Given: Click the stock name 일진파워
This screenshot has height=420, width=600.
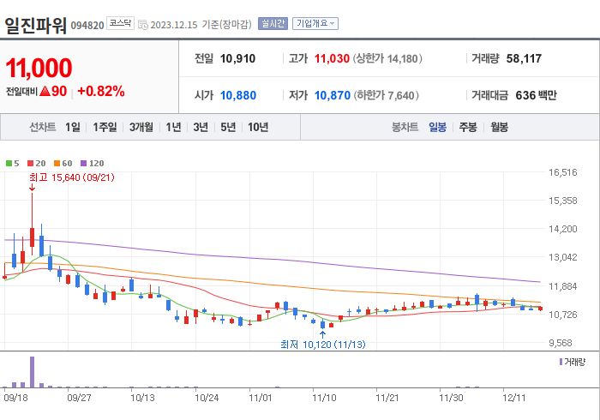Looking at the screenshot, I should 35,24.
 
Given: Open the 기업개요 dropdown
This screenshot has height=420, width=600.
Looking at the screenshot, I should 315,24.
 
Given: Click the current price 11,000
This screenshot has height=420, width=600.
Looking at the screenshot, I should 39,68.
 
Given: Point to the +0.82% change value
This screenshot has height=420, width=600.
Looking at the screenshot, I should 100,91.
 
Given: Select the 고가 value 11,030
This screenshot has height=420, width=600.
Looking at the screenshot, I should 332,59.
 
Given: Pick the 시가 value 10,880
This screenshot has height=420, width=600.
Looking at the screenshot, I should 237,95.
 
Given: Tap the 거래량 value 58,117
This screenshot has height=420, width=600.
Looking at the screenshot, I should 523,59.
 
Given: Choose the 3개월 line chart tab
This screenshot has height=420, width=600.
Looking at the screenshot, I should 141,127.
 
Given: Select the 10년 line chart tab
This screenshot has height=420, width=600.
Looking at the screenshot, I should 257,127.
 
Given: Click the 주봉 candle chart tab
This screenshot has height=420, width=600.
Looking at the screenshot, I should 467,127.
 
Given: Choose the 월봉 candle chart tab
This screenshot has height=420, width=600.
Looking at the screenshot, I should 498,127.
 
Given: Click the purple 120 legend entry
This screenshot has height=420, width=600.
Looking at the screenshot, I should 93,163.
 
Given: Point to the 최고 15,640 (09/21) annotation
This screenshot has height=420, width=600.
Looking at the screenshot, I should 71,177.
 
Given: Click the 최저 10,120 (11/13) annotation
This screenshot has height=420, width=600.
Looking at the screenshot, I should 323,344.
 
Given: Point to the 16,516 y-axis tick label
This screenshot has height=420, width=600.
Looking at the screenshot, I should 563,172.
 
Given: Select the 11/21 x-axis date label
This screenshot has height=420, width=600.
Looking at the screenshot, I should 388,398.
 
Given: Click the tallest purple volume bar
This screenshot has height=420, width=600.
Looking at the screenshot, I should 32,371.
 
